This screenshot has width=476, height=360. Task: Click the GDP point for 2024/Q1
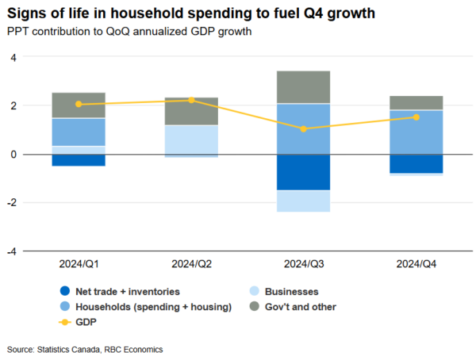79,104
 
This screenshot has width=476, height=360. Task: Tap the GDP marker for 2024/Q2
191,100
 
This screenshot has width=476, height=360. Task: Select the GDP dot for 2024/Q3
304,128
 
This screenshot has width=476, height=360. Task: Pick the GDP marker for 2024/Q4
416,117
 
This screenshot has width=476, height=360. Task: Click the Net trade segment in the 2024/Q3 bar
304,172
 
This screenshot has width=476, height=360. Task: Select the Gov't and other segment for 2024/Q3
304,87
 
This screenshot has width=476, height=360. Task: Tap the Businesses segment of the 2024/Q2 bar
191,140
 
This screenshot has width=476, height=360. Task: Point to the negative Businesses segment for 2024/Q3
304,201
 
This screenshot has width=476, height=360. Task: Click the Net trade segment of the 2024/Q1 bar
79,159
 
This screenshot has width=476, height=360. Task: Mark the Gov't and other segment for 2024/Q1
79,105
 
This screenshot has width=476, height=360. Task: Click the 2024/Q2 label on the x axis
191,262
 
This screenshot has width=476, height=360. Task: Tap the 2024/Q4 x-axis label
416,262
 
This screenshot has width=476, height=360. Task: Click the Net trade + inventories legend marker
64,291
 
